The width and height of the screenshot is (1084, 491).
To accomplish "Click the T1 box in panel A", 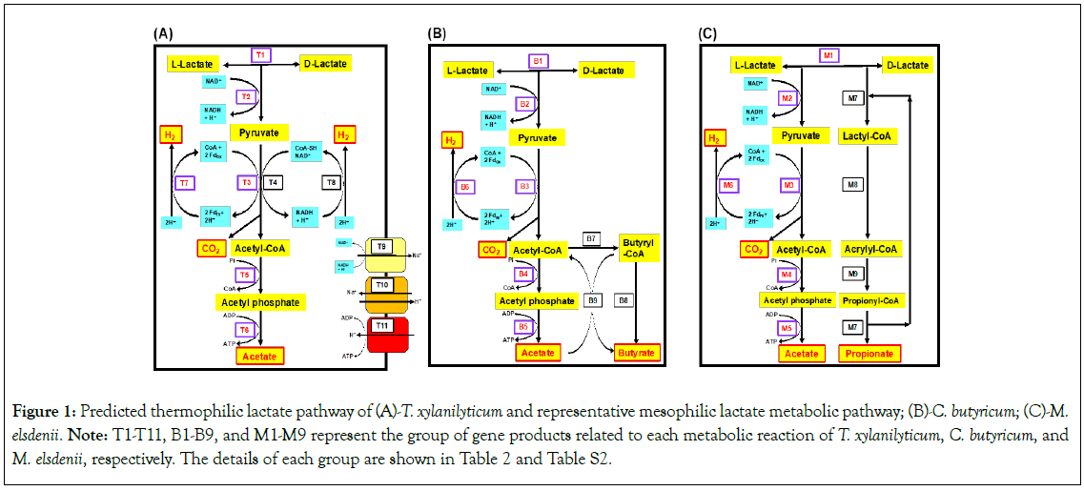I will pos(260,55).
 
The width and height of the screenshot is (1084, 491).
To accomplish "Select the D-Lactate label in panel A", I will pos(324,64).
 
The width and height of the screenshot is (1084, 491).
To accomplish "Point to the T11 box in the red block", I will pos(382,325).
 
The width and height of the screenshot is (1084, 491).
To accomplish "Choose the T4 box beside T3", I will pos(275,182).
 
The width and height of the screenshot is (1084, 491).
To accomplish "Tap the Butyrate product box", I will pos(636,353).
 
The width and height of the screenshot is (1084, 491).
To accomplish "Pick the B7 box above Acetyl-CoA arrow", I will pos(591,237).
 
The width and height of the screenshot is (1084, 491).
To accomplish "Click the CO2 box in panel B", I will pos(492,251).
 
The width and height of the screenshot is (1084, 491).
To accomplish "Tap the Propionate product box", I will pos(869,354).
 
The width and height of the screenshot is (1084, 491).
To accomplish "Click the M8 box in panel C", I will pos(854,185).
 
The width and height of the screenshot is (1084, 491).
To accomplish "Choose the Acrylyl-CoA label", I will pos(871,250).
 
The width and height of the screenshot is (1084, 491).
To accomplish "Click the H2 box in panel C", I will pos(712,139).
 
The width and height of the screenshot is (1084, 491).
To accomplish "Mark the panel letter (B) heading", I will pos(437,33).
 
